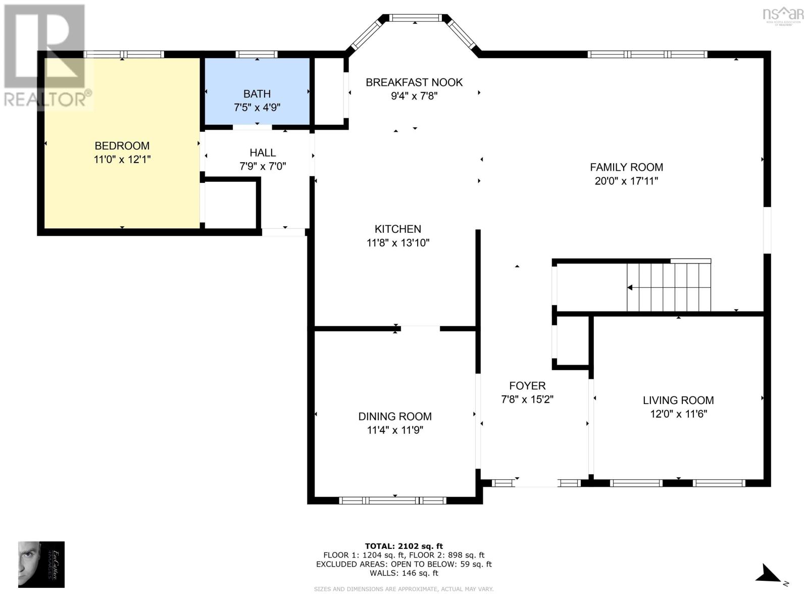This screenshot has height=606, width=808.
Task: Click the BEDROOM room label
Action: point(122,146)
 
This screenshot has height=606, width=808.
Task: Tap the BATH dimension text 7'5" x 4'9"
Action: point(257,108)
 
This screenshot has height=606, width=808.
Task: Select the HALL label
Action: point(263,153)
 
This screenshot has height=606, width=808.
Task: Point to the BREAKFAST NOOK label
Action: point(414,82)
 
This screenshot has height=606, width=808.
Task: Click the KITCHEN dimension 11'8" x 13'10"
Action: point(398,243)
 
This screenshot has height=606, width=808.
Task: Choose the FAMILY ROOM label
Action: point(626,167)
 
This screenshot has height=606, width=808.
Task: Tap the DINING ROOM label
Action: point(395,417)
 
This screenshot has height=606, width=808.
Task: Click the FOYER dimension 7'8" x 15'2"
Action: point(527,399)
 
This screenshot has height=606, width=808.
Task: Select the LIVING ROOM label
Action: point(678,400)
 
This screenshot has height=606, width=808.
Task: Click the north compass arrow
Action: point(769,575)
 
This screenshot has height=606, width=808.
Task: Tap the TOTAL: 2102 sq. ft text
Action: point(403,546)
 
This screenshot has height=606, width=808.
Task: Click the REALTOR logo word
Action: point(48,99)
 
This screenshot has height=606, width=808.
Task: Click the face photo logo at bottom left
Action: point(41,564)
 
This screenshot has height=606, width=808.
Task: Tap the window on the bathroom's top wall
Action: point(257,55)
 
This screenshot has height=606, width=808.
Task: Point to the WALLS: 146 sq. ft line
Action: point(403,573)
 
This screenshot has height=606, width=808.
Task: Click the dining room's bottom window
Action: point(392,500)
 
